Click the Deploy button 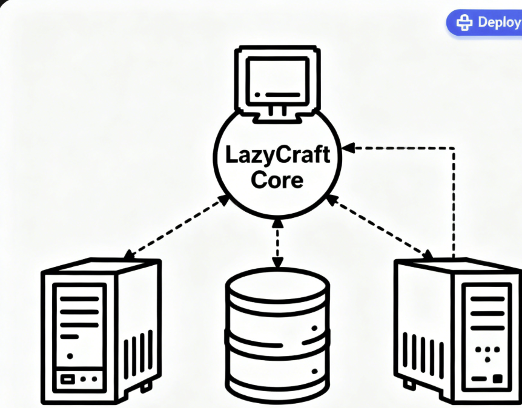click(484, 22)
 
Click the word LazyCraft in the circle click(278, 154)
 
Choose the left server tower click(101, 326)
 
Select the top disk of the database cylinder click(277, 288)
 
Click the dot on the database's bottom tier click(314, 370)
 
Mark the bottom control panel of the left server click(79, 380)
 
